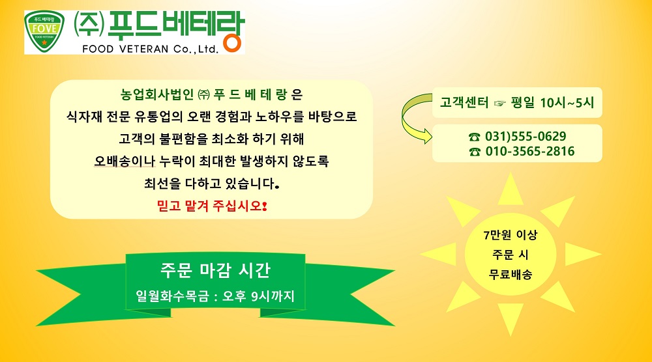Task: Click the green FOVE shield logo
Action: coord(44,32)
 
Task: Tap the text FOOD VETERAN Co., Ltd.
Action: coord(150,49)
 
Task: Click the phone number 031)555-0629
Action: coord(526,136)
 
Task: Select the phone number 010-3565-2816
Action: coord(529,151)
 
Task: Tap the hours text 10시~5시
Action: coord(567,102)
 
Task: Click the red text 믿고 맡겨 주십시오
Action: coord(212,206)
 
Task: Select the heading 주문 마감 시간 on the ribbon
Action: coord(215,270)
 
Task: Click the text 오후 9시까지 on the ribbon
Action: coord(258,296)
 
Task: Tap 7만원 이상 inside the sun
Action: coord(511,235)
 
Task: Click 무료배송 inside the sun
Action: coord(511,274)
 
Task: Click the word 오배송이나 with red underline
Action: coord(125,161)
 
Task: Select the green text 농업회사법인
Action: coord(157,94)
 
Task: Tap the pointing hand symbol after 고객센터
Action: coord(499,103)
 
